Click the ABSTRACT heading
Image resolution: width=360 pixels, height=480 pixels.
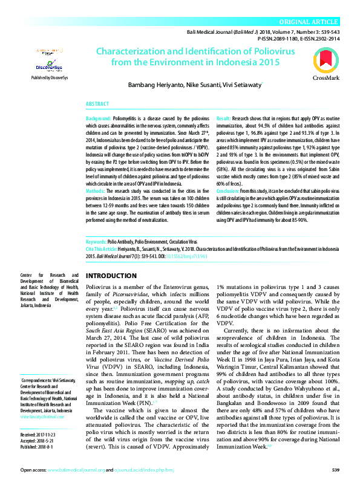click(x=98, y=104)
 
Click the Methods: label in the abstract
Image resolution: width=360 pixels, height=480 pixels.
click(x=96, y=192)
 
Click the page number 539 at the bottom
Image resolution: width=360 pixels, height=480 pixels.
click(x=335, y=470)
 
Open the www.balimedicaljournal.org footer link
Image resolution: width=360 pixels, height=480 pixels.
click(x=77, y=470)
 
